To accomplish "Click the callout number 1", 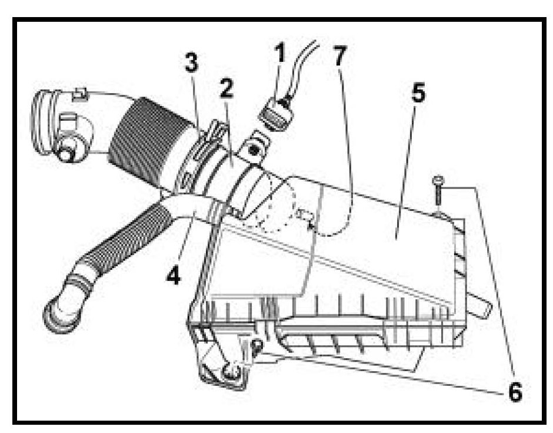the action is (x=279, y=54).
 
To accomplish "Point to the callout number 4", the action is (x=172, y=275).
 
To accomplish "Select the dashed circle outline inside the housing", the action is (x=274, y=203).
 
